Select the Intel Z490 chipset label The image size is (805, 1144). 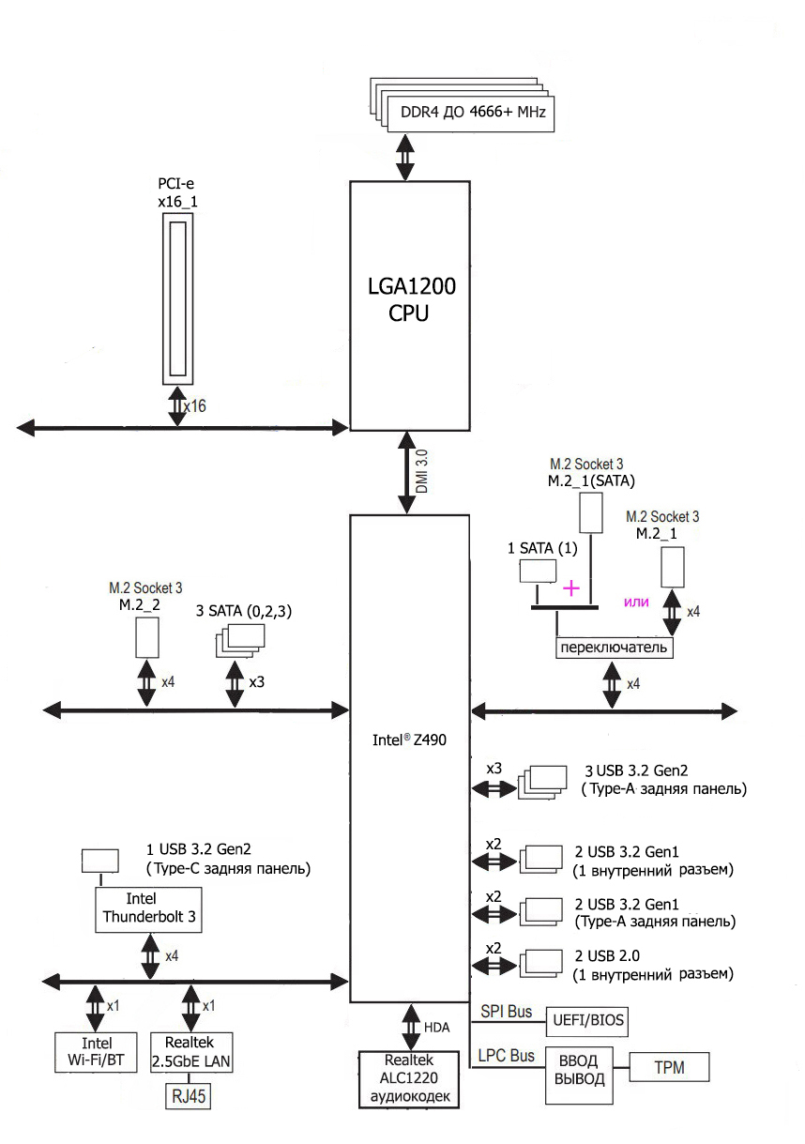click(x=408, y=740)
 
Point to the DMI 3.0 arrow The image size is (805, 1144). click(x=408, y=472)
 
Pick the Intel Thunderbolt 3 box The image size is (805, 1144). click(x=149, y=908)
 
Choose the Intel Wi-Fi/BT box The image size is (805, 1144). click(x=98, y=1054)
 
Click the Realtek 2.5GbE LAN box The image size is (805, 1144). click(x=192, y=1054)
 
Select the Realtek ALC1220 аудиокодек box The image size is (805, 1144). click(x=408, y=1080)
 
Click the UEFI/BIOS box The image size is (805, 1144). click(x=587, y=1019)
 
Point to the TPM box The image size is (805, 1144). click(x=669, y=1067)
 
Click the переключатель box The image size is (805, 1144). click(x=614, y=648)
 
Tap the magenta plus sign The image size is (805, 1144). click(x=570, y=587)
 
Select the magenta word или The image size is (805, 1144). click(x=637, y=601)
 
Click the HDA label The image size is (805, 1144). click(x=437, y=1027)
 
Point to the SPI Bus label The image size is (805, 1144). click(x=507, y=1012)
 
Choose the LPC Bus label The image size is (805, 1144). click(x=507, y=1056)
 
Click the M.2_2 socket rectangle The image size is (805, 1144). click(x=145, y=638)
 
